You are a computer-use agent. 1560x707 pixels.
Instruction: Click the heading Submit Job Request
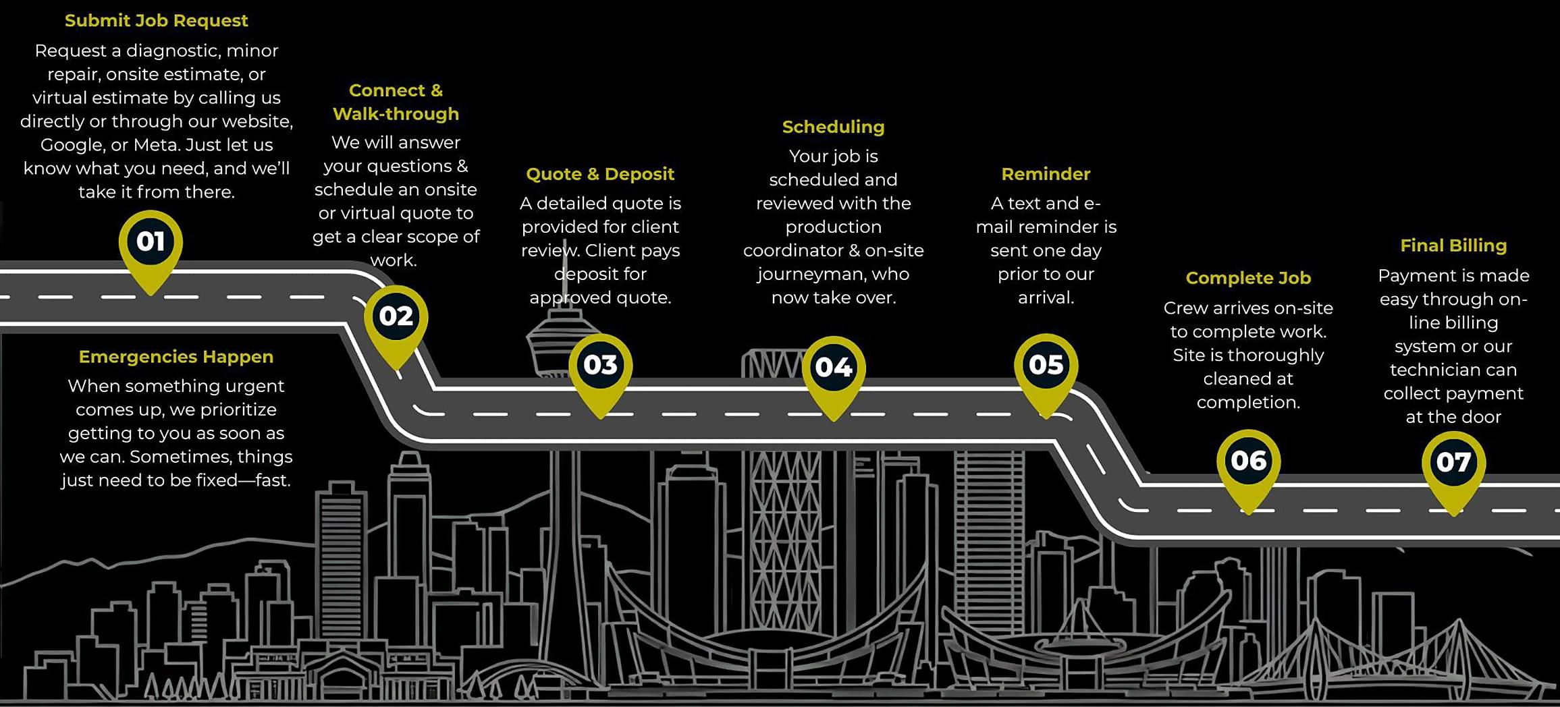tap(156, 21)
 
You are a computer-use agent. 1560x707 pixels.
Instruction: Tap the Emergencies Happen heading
tap(176, 357)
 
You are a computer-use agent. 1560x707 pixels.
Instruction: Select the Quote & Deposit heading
tap(600, 174)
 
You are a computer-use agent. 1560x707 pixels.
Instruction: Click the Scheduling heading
tap(833, 127)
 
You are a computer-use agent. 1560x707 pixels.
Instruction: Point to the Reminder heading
tap(1046, 174)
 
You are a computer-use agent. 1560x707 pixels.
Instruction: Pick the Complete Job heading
tap(1248, 278)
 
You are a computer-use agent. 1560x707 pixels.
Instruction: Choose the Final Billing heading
tap(1453, 246)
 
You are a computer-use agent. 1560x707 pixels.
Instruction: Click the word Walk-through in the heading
tap(396, 114)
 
